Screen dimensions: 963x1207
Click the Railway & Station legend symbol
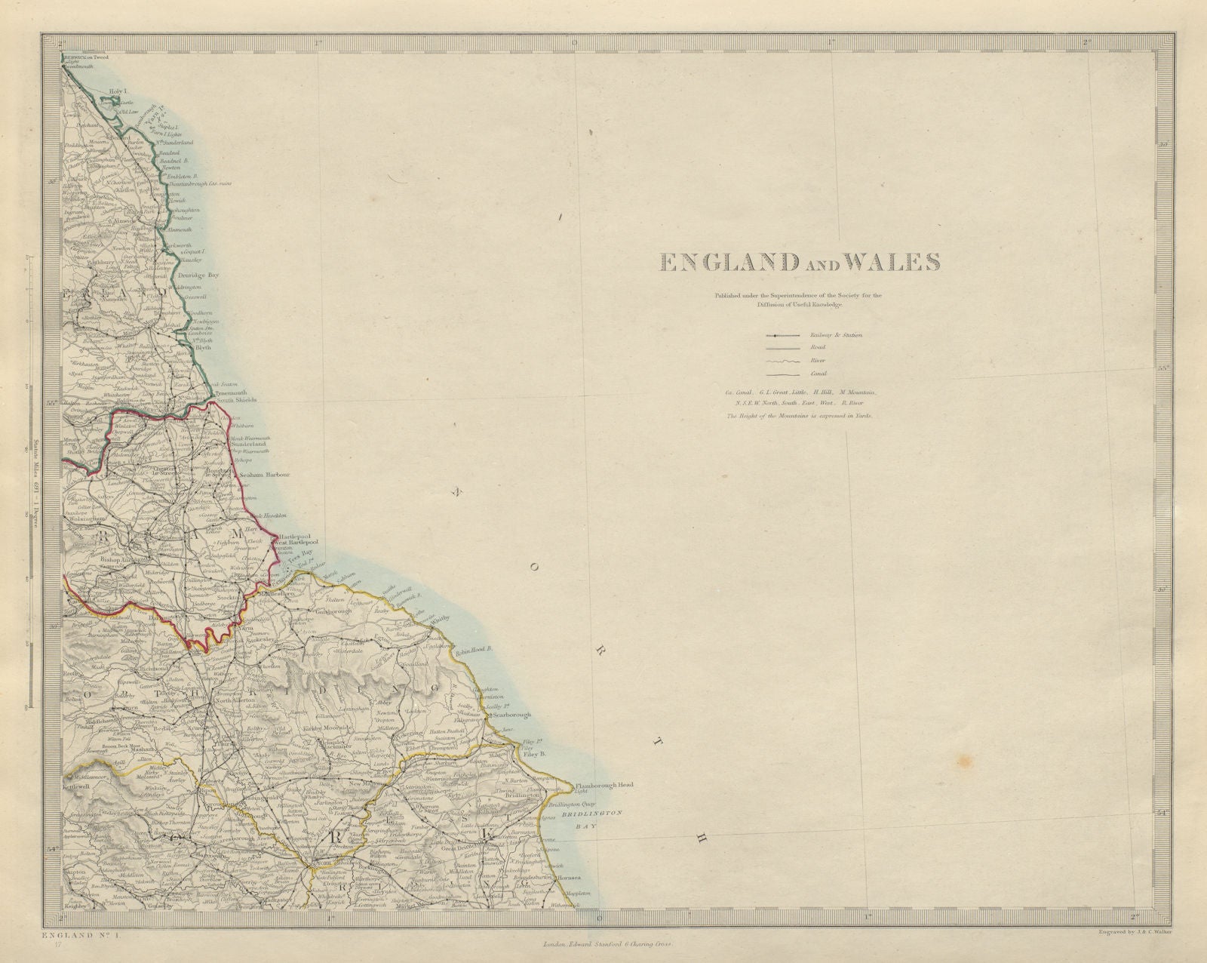click(782, 334)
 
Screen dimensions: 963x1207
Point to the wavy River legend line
click(782, 361)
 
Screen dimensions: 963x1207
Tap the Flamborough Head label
click(603, 785)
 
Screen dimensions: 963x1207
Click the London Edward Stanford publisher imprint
click(607, 944)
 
